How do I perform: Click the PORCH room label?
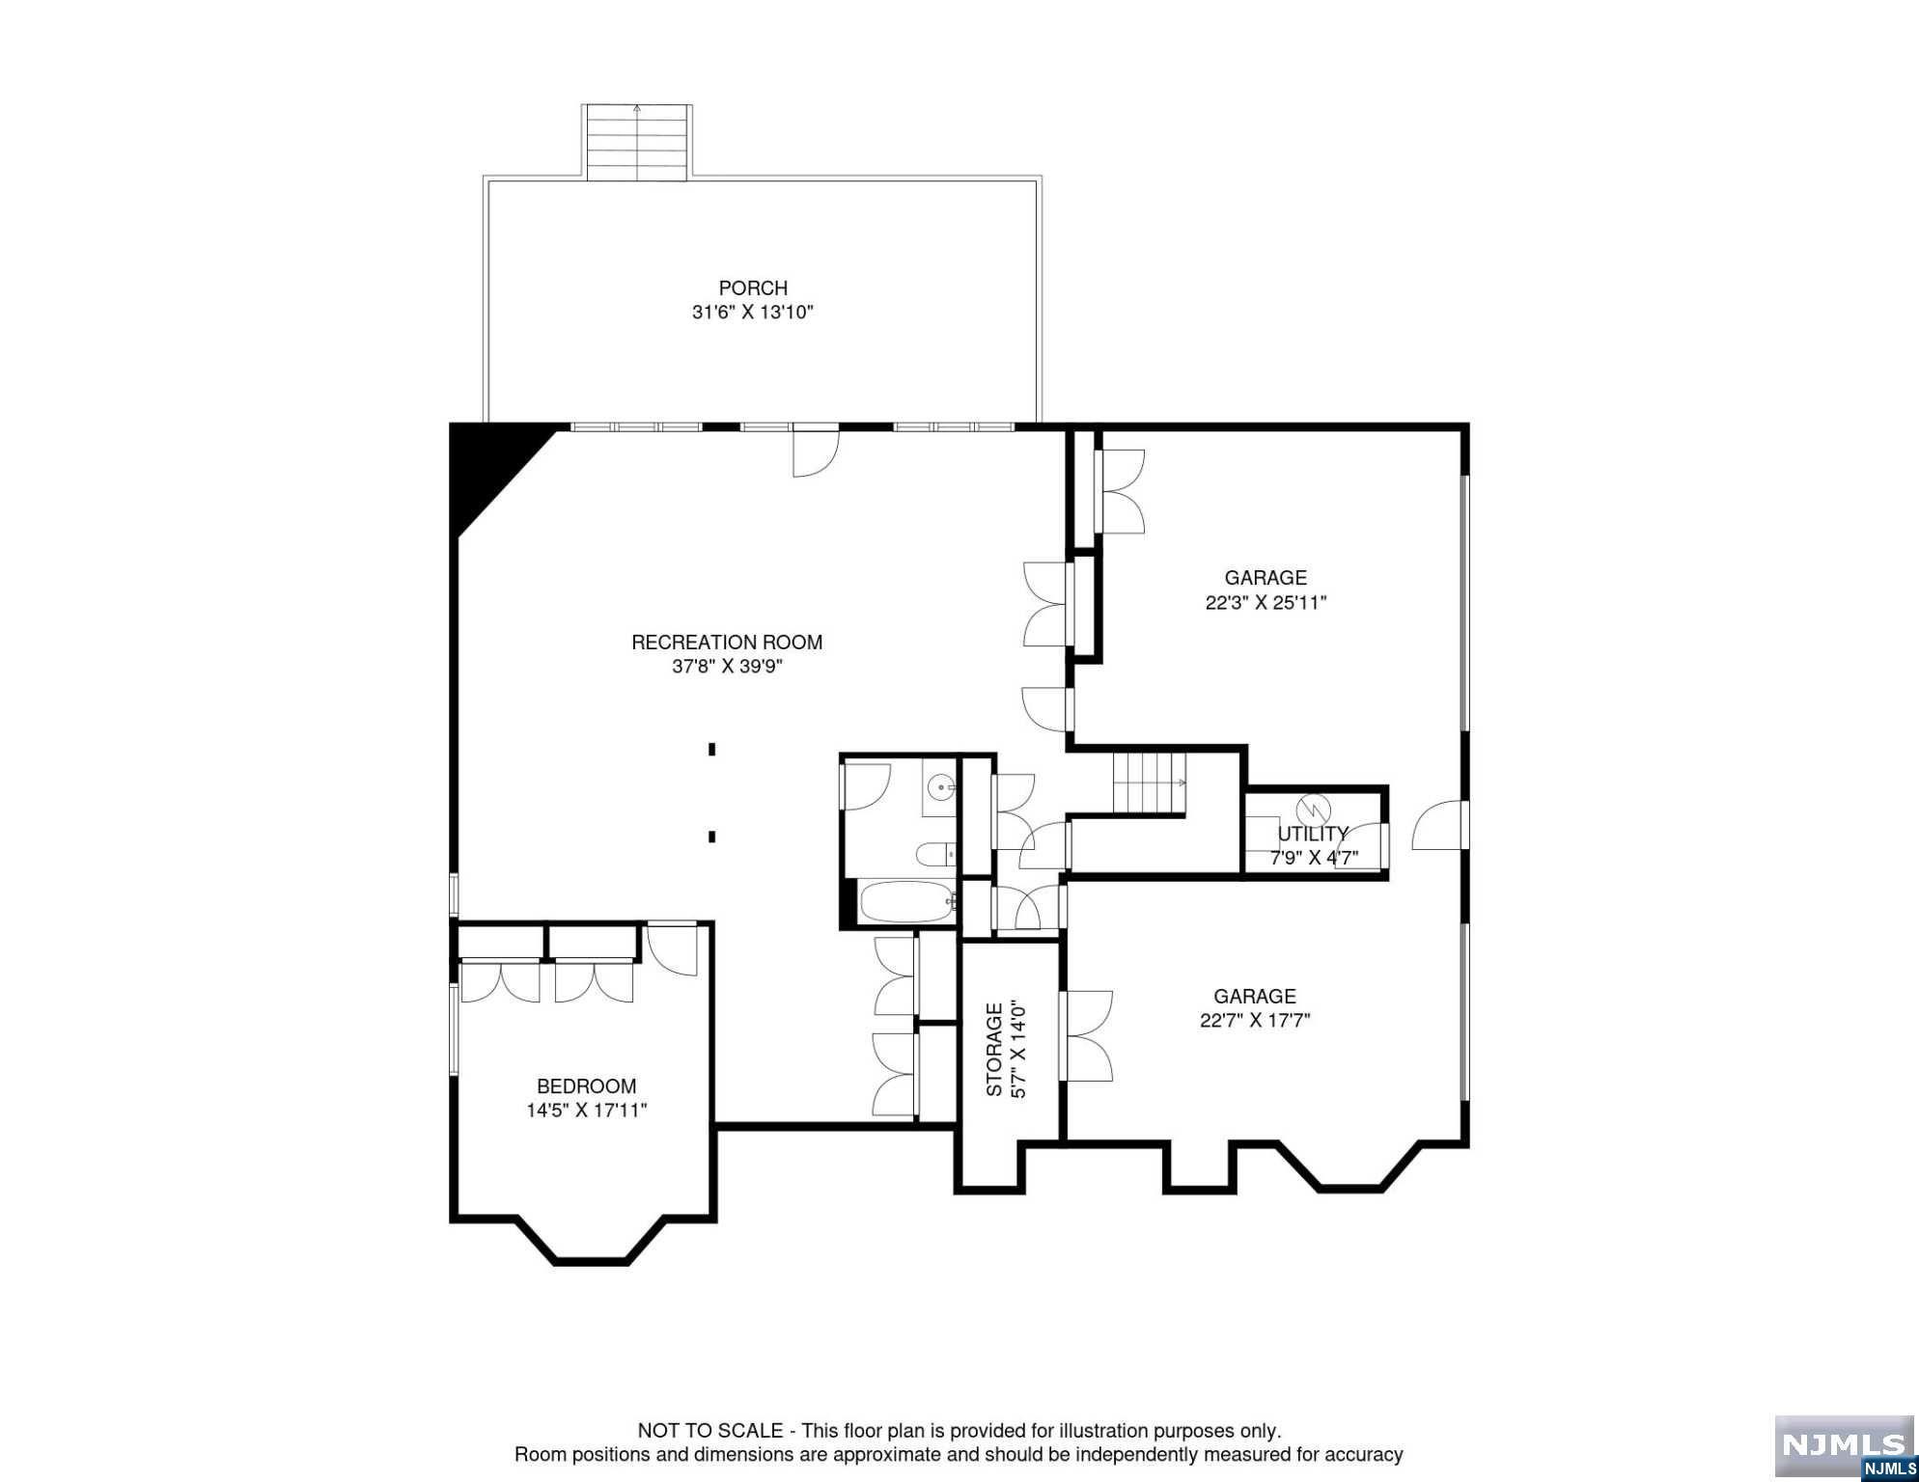(753, 288)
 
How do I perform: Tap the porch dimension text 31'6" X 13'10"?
(753, 313)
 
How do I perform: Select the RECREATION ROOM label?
(727, 642)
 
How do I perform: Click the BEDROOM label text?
(586, 1086)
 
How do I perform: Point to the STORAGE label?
(993, 1050)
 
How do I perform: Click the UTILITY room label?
(1313, 834)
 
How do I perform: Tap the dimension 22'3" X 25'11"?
(1265, 603)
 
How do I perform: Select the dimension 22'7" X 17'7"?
(1255, 1021)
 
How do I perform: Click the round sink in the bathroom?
(941, 788)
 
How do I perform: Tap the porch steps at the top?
(637, 142)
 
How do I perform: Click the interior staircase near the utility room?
(1150, 782)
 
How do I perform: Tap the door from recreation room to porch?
(817, 450)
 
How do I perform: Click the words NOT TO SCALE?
(710, 1431)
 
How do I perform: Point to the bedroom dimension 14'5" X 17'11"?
(586, 1111)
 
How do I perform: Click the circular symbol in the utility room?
(1314, 807)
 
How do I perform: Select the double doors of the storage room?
(1086, 1036)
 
